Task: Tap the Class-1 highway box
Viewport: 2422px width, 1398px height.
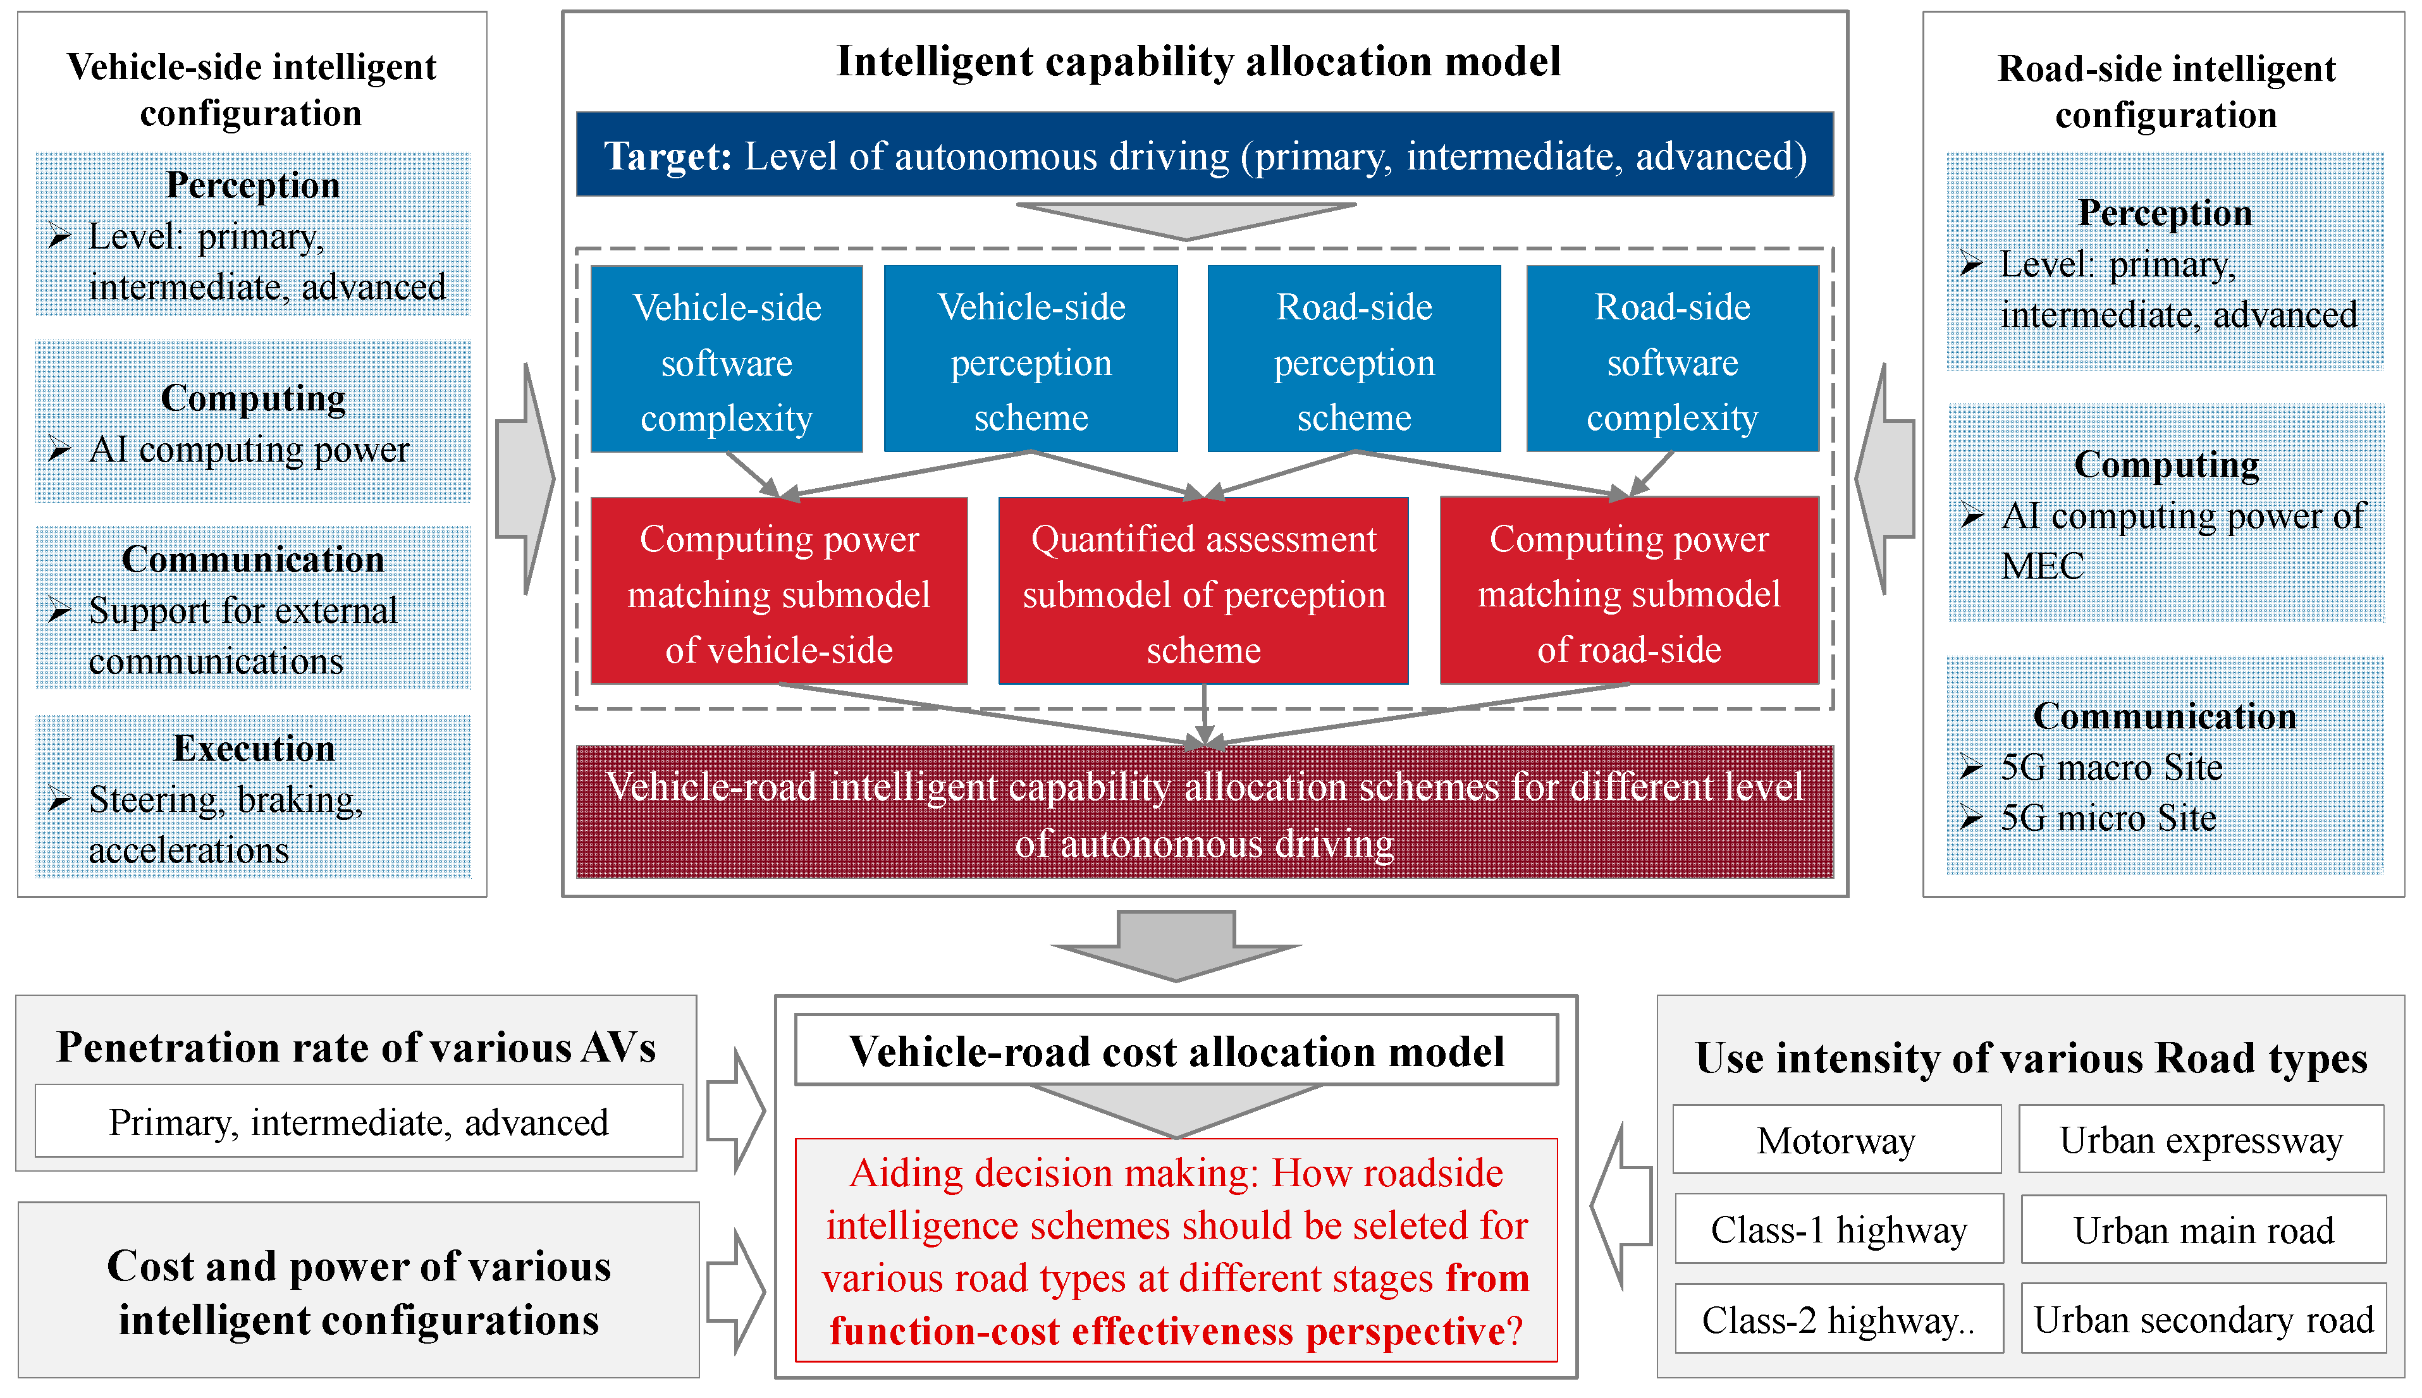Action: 1838,1229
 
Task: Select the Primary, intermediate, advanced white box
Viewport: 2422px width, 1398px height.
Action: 358,1122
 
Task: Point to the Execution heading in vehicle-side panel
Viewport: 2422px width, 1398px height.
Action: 254,748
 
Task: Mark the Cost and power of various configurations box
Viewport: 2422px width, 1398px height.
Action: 358,1291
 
